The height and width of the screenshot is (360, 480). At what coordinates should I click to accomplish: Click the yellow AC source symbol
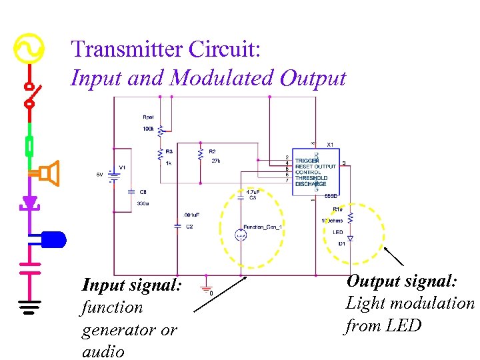pyautogui.click(x=29, y=49)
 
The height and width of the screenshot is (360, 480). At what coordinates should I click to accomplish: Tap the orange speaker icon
pyautogui.click(x=49, y=174)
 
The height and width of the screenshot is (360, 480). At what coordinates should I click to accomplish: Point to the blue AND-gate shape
pyautogui.click(x=53, y=239)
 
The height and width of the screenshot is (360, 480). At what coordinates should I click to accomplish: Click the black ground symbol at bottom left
pyautogui.click(x=29, y=307)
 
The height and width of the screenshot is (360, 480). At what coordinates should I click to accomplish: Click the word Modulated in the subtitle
pyautogui.click(x=223, y=78)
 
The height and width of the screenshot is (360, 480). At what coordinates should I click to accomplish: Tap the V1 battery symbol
pyautogui.click(x=113, y=175)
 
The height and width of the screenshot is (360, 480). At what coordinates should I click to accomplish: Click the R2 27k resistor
pyautogui.click(x=201, y=155)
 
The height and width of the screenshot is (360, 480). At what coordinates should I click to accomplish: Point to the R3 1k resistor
pyautogui.click(x=160, y=155)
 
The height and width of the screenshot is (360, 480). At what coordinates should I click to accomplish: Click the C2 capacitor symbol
pyautogui.click(x=177, y=226)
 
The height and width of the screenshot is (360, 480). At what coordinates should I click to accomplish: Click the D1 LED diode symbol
pyautogui.click(x=351, y=237)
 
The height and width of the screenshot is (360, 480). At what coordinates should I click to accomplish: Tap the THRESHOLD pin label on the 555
pyautogui.click(x=311, y=178)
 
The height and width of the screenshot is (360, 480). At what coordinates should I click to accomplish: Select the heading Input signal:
pyautogui.click(x=131, y=285)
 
